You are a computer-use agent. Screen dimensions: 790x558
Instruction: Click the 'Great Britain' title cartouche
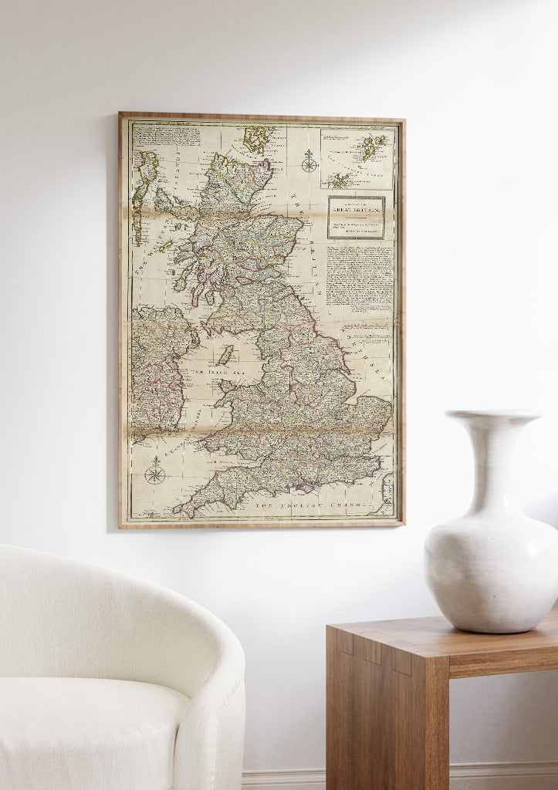pyautogui.click(x=356, y=217)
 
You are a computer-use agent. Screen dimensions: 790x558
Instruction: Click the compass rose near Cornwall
pyautogui.click(x=155, y=470)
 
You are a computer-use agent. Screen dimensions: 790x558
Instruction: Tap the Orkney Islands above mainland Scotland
pyautogui.click(x=255, y=139)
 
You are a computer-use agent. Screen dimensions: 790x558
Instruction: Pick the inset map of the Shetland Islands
pyautogui.click(x=357, y=158)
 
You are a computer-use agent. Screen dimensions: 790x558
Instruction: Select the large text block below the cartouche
pyautogui.click(x=359, y=279)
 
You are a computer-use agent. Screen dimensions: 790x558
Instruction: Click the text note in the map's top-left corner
pyautogui.click(x=167, y=136)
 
